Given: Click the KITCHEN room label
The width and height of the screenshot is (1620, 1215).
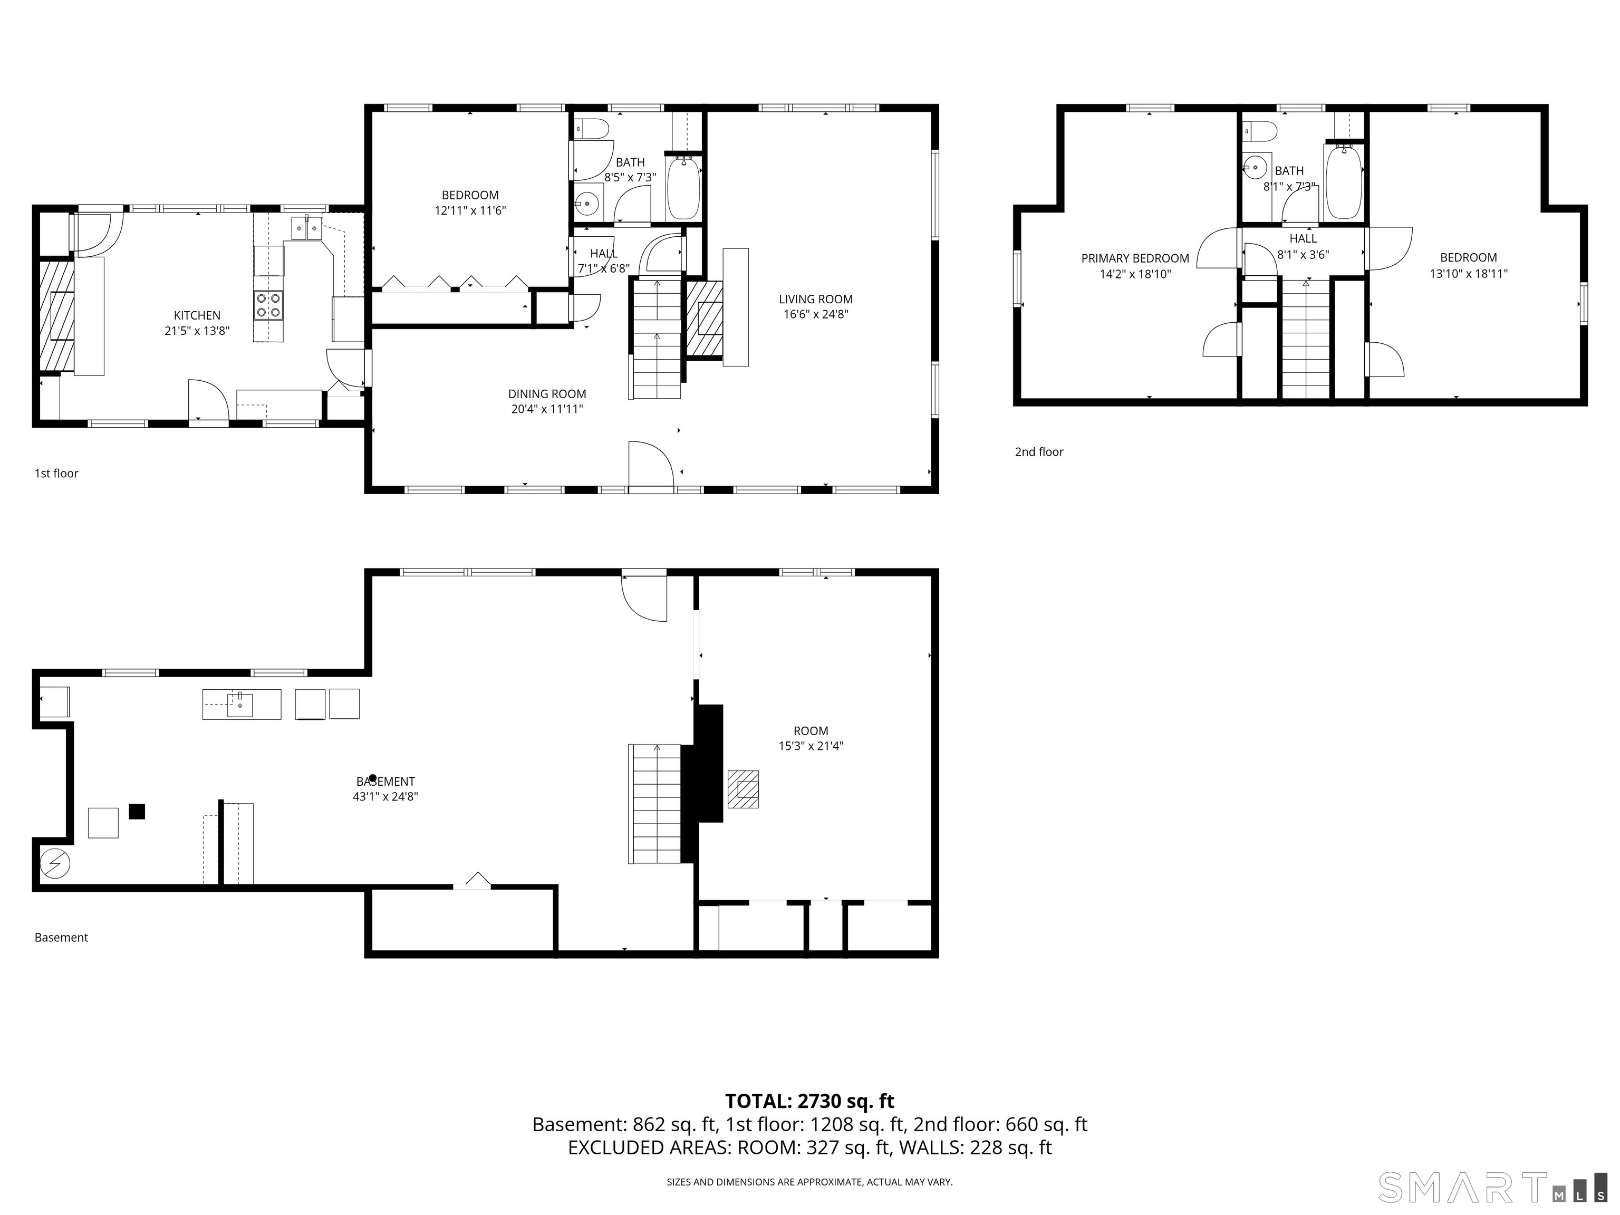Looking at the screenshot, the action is click(197, 316).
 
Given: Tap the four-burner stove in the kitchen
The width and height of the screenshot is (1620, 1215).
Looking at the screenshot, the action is click(269, 305).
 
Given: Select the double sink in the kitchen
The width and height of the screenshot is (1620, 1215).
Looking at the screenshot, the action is click(307, 228).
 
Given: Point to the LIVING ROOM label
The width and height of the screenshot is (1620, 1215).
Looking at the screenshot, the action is click(815, 299).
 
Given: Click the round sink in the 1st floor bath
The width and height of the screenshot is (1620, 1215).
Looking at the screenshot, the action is click(586, 204).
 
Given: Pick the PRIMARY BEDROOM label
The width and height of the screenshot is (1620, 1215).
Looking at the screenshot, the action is click(1135, 258).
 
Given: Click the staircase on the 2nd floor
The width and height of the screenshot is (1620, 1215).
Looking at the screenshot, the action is click(1305, 339).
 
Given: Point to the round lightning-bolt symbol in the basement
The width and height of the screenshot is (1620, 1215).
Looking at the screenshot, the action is click(55, 864).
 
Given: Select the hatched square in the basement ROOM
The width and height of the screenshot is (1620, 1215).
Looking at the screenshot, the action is click(742, 789).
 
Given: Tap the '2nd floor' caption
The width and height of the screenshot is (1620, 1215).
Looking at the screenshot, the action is click(1038, 452).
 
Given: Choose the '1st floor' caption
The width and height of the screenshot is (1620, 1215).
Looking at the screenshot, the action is click(56, 473).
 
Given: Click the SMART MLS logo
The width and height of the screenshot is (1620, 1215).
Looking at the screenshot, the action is click(1492, 1187).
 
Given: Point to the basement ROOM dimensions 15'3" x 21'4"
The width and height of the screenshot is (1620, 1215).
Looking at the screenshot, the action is click(811, 746).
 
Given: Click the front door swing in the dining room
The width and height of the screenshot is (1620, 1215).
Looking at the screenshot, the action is click(650, 464).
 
